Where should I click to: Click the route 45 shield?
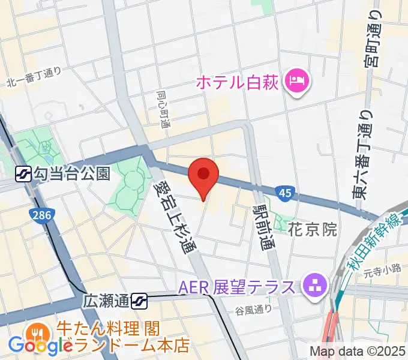285,193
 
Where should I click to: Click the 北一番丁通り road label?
35,77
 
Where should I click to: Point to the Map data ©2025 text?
357,352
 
